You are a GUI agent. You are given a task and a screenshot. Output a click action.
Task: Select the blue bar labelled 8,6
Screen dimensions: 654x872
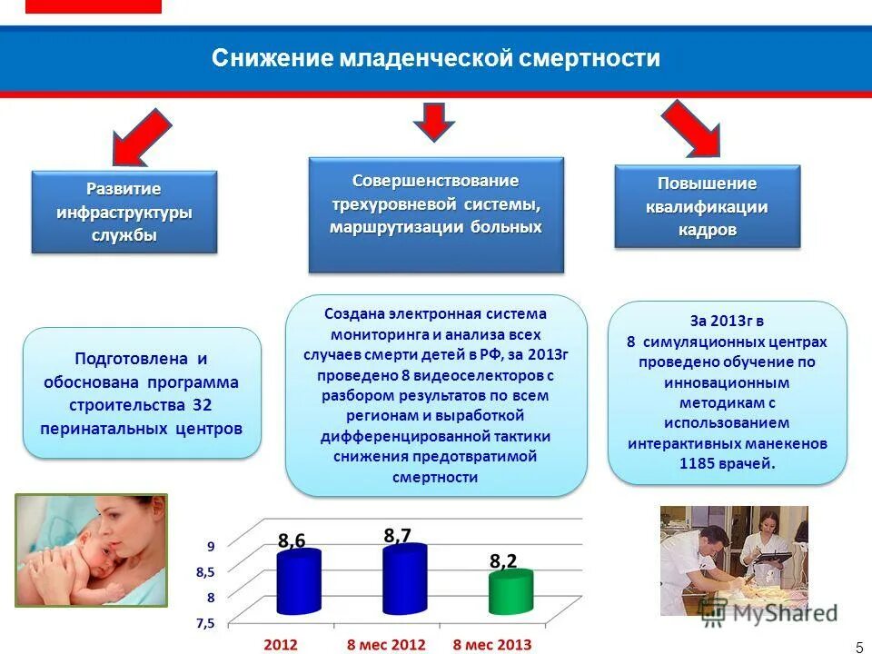point(299,583)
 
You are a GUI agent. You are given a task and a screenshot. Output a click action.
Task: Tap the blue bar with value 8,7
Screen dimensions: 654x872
point(404,580)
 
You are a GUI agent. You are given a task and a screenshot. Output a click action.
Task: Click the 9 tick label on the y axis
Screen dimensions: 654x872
point(211,547)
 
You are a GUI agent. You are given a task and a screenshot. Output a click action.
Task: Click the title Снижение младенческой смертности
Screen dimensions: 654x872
point(436,59)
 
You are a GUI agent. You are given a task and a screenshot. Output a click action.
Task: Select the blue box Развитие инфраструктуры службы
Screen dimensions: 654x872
point(124,212)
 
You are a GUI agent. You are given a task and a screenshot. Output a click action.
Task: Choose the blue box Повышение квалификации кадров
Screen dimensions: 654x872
point(707,207)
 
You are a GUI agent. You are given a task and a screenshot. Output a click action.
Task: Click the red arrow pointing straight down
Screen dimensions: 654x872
point(434,121)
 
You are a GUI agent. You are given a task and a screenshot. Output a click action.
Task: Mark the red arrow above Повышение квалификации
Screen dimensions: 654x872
point(692,127)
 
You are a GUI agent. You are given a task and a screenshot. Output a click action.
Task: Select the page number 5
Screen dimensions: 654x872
point(859,647)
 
